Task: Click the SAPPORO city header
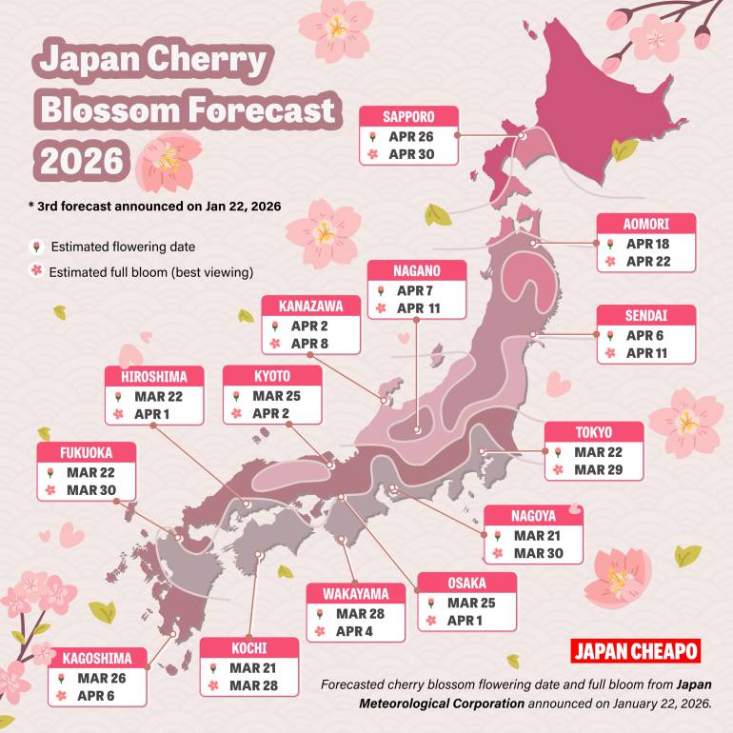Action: (408, 116)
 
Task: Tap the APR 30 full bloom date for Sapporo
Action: (411, 154)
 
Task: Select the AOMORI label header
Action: (646, 225)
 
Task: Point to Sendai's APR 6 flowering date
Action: (644, 335)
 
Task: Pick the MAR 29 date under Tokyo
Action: (598, 470)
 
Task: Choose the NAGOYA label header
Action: (533, 516)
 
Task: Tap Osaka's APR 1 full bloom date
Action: (466, 620)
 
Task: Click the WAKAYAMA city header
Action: (355, 594)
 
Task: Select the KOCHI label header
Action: (248, 648)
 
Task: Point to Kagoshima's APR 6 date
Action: (97, 696)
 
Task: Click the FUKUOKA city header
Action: (87, 452)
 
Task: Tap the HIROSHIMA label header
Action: (154, 377)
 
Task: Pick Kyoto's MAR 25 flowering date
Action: (276, 395)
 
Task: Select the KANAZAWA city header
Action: (311, 306)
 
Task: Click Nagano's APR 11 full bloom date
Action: (420, 308)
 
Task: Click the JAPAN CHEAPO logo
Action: (636, 651)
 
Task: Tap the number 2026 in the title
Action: (80, 158)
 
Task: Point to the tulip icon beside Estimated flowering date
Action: (35, 247)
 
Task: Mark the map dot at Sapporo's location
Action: (523, 136)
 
